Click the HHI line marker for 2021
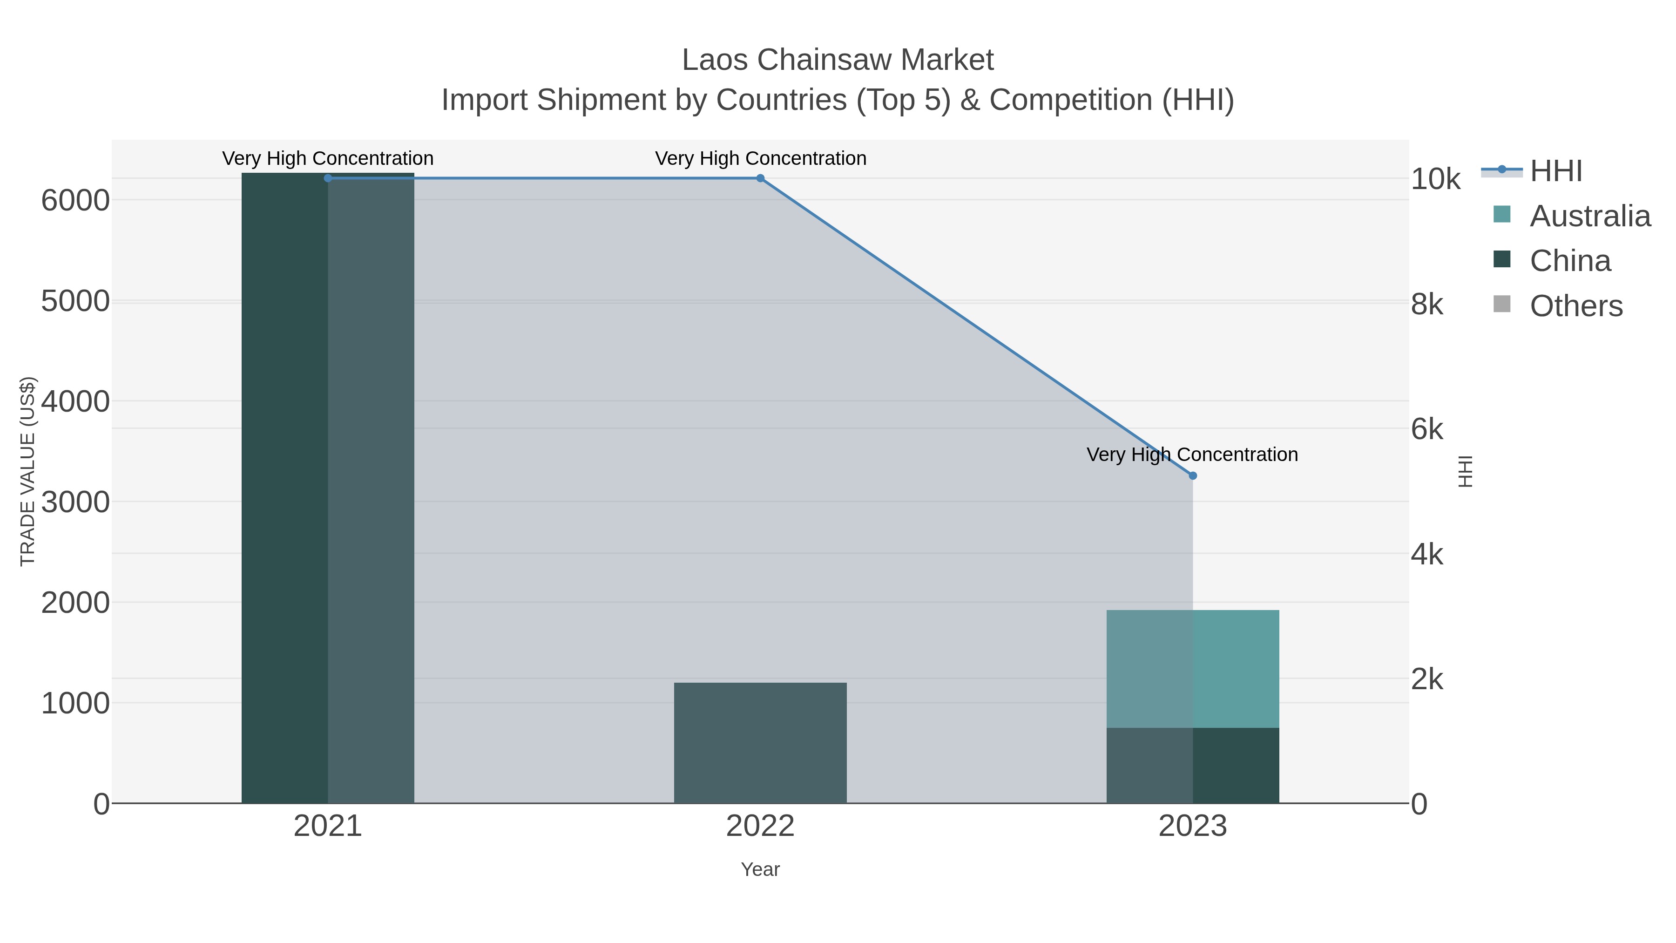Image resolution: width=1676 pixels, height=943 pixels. [328, 178]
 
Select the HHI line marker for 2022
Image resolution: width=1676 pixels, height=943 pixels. [760, 178]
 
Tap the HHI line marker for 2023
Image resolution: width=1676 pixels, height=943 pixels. [1193, 476]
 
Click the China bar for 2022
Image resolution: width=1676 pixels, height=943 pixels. [760, 743]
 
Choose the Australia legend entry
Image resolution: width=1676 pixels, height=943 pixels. [1589, 216]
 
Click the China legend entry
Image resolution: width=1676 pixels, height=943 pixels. [1570, 261]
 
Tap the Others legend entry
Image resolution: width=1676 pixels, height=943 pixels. [1576, 306]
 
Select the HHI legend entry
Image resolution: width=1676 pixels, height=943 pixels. [1555, 171]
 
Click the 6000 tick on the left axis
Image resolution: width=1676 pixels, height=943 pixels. [75, 200]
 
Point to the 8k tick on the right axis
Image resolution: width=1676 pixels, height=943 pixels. [1427, 305]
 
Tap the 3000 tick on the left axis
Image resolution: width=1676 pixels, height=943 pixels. [75, 502]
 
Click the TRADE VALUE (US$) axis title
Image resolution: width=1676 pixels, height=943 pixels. [28, 471]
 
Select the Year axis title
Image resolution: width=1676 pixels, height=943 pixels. [760, 869]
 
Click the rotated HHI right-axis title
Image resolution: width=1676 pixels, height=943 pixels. [1465, 471]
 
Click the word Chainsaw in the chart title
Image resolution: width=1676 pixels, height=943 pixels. [820, 60]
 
